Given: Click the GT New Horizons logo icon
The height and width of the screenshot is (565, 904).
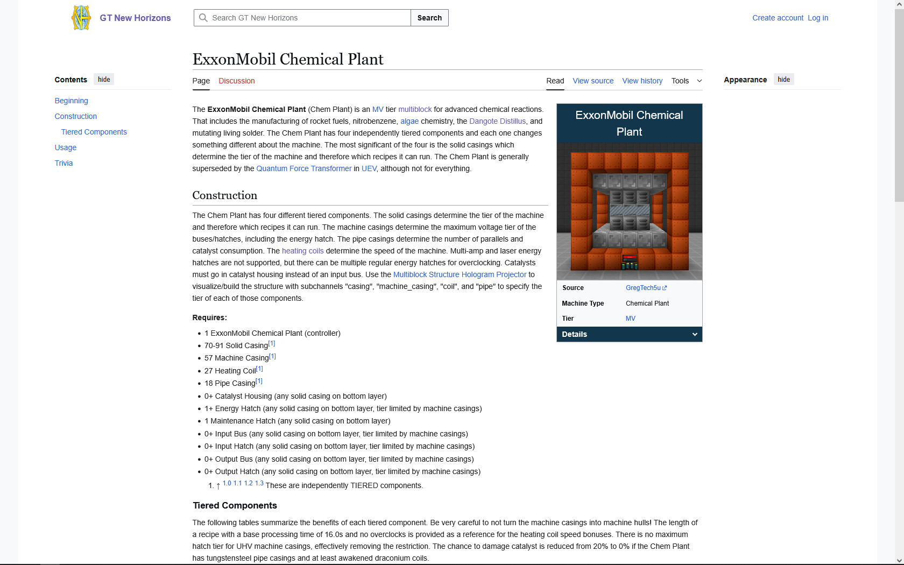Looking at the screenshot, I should pos(81,18).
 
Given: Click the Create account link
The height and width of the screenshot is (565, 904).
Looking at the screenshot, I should pos(778,18).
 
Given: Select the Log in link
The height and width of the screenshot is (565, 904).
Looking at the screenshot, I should pos(817,18).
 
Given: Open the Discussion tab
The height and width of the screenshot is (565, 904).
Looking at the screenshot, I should pos(236,81).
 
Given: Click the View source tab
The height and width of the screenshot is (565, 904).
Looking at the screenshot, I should pos(593,81).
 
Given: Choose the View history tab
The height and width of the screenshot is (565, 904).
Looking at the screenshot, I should pos(642,81).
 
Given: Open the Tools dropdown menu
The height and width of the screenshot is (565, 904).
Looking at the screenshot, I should pos(686,81).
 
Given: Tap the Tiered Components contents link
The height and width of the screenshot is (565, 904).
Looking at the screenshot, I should pos(94,132).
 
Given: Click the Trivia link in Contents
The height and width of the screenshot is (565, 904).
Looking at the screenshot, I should pos(63,163).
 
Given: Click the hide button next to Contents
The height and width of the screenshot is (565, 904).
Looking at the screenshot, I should pos(104,80).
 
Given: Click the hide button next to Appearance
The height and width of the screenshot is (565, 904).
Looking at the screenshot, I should pos(783,80).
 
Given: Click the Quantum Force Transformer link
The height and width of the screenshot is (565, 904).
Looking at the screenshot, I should pos(303,168).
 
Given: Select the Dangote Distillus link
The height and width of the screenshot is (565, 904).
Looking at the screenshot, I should pos(497,121).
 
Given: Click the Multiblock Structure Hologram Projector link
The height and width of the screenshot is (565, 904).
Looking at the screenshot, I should pos(460,274).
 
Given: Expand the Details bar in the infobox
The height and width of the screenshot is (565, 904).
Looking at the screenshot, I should pos(629,334).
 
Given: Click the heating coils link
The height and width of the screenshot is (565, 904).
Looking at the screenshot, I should pos(302,251).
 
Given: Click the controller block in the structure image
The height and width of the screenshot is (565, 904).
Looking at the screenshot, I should pos(629,261).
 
